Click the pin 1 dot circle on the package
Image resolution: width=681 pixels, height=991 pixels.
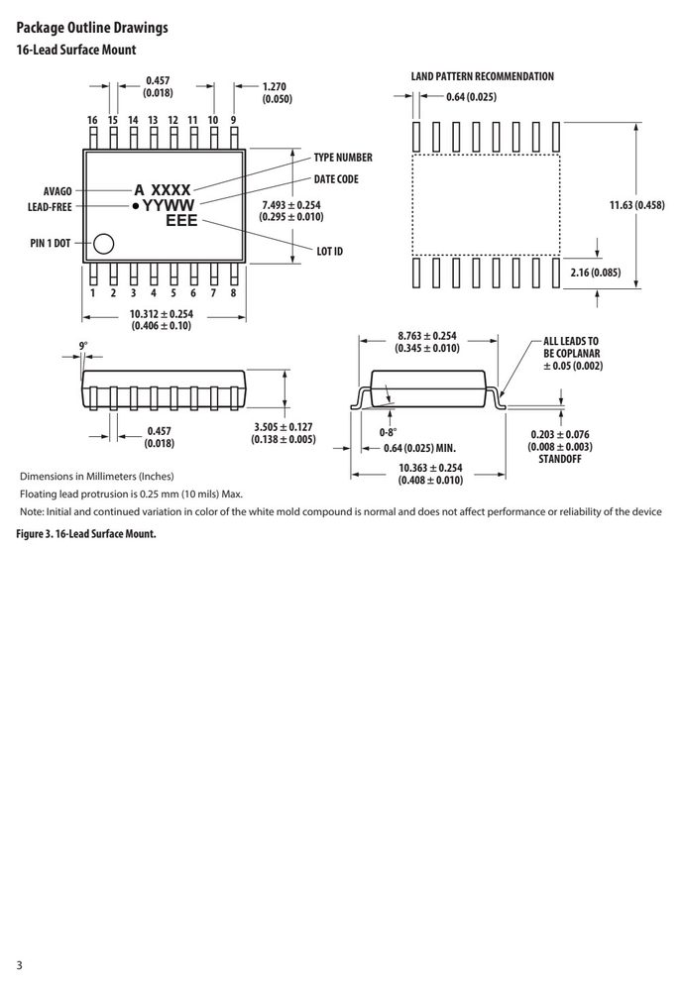103,244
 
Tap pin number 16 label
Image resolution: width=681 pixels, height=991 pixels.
93,120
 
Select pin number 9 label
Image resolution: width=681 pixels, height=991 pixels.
233,120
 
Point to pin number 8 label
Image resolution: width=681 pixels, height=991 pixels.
233,292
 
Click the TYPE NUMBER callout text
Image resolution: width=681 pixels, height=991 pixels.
343,158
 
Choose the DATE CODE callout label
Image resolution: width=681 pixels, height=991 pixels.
336,178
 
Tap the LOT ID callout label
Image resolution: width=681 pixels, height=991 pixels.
329,251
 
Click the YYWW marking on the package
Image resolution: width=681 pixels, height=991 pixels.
169,205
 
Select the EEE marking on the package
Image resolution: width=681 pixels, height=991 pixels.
182,220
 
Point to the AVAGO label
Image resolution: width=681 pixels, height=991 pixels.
57,191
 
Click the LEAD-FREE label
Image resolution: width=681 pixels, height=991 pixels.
50,207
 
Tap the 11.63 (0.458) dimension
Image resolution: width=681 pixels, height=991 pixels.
636,205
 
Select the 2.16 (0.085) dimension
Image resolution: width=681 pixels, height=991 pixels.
595,273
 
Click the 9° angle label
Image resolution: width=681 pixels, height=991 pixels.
83,346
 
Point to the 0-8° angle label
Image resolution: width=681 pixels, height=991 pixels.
389,433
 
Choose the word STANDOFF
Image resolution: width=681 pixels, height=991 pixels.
560,459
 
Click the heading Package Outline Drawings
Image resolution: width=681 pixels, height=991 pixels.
92,28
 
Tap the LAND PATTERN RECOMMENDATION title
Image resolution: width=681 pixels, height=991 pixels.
483,76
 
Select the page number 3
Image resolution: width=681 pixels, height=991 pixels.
19,965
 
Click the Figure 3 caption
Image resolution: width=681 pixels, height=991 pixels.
86,534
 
